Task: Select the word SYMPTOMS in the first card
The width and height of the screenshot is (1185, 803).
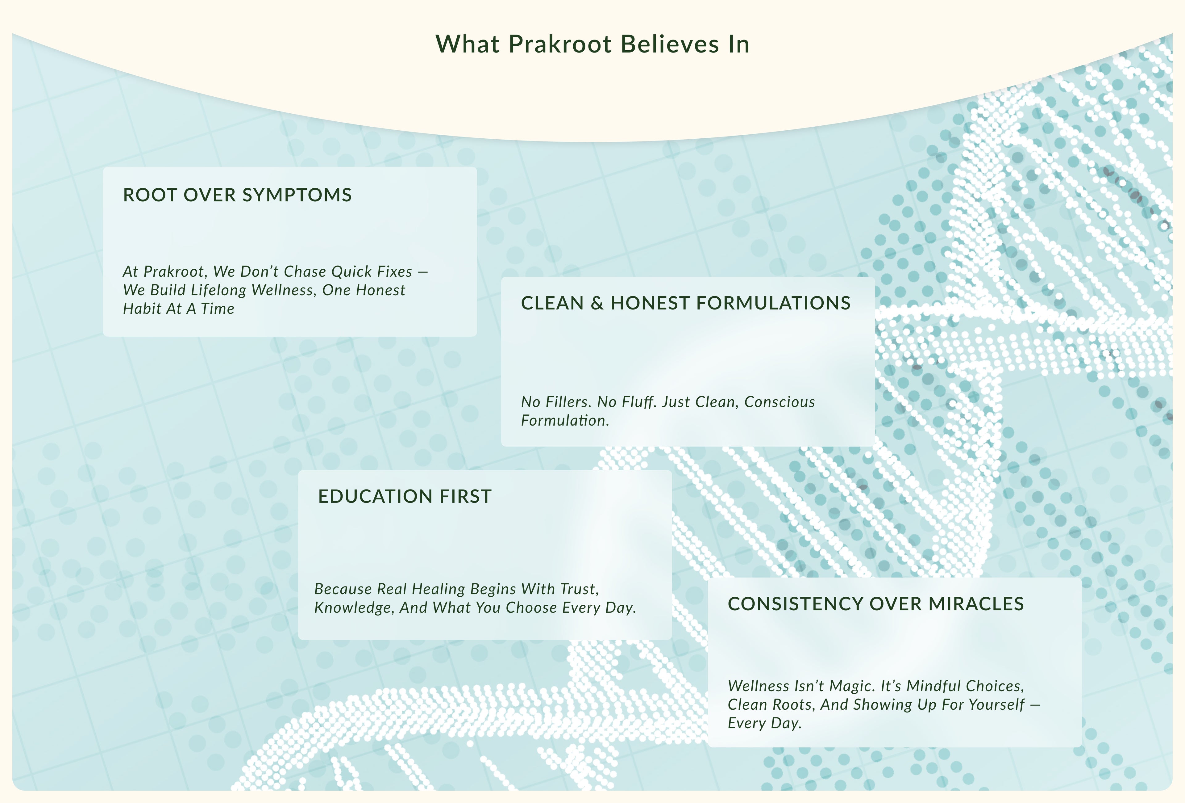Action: coord(297,195)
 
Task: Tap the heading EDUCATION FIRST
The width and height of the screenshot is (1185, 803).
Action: coord(405,496)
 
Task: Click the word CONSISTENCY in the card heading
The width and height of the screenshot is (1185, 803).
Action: coord(796,603)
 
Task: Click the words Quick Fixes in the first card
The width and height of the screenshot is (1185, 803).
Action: coord(372,271)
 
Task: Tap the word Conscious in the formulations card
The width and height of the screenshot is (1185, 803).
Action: coord(780,402)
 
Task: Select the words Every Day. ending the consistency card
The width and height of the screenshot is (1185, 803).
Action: coord(764,723)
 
